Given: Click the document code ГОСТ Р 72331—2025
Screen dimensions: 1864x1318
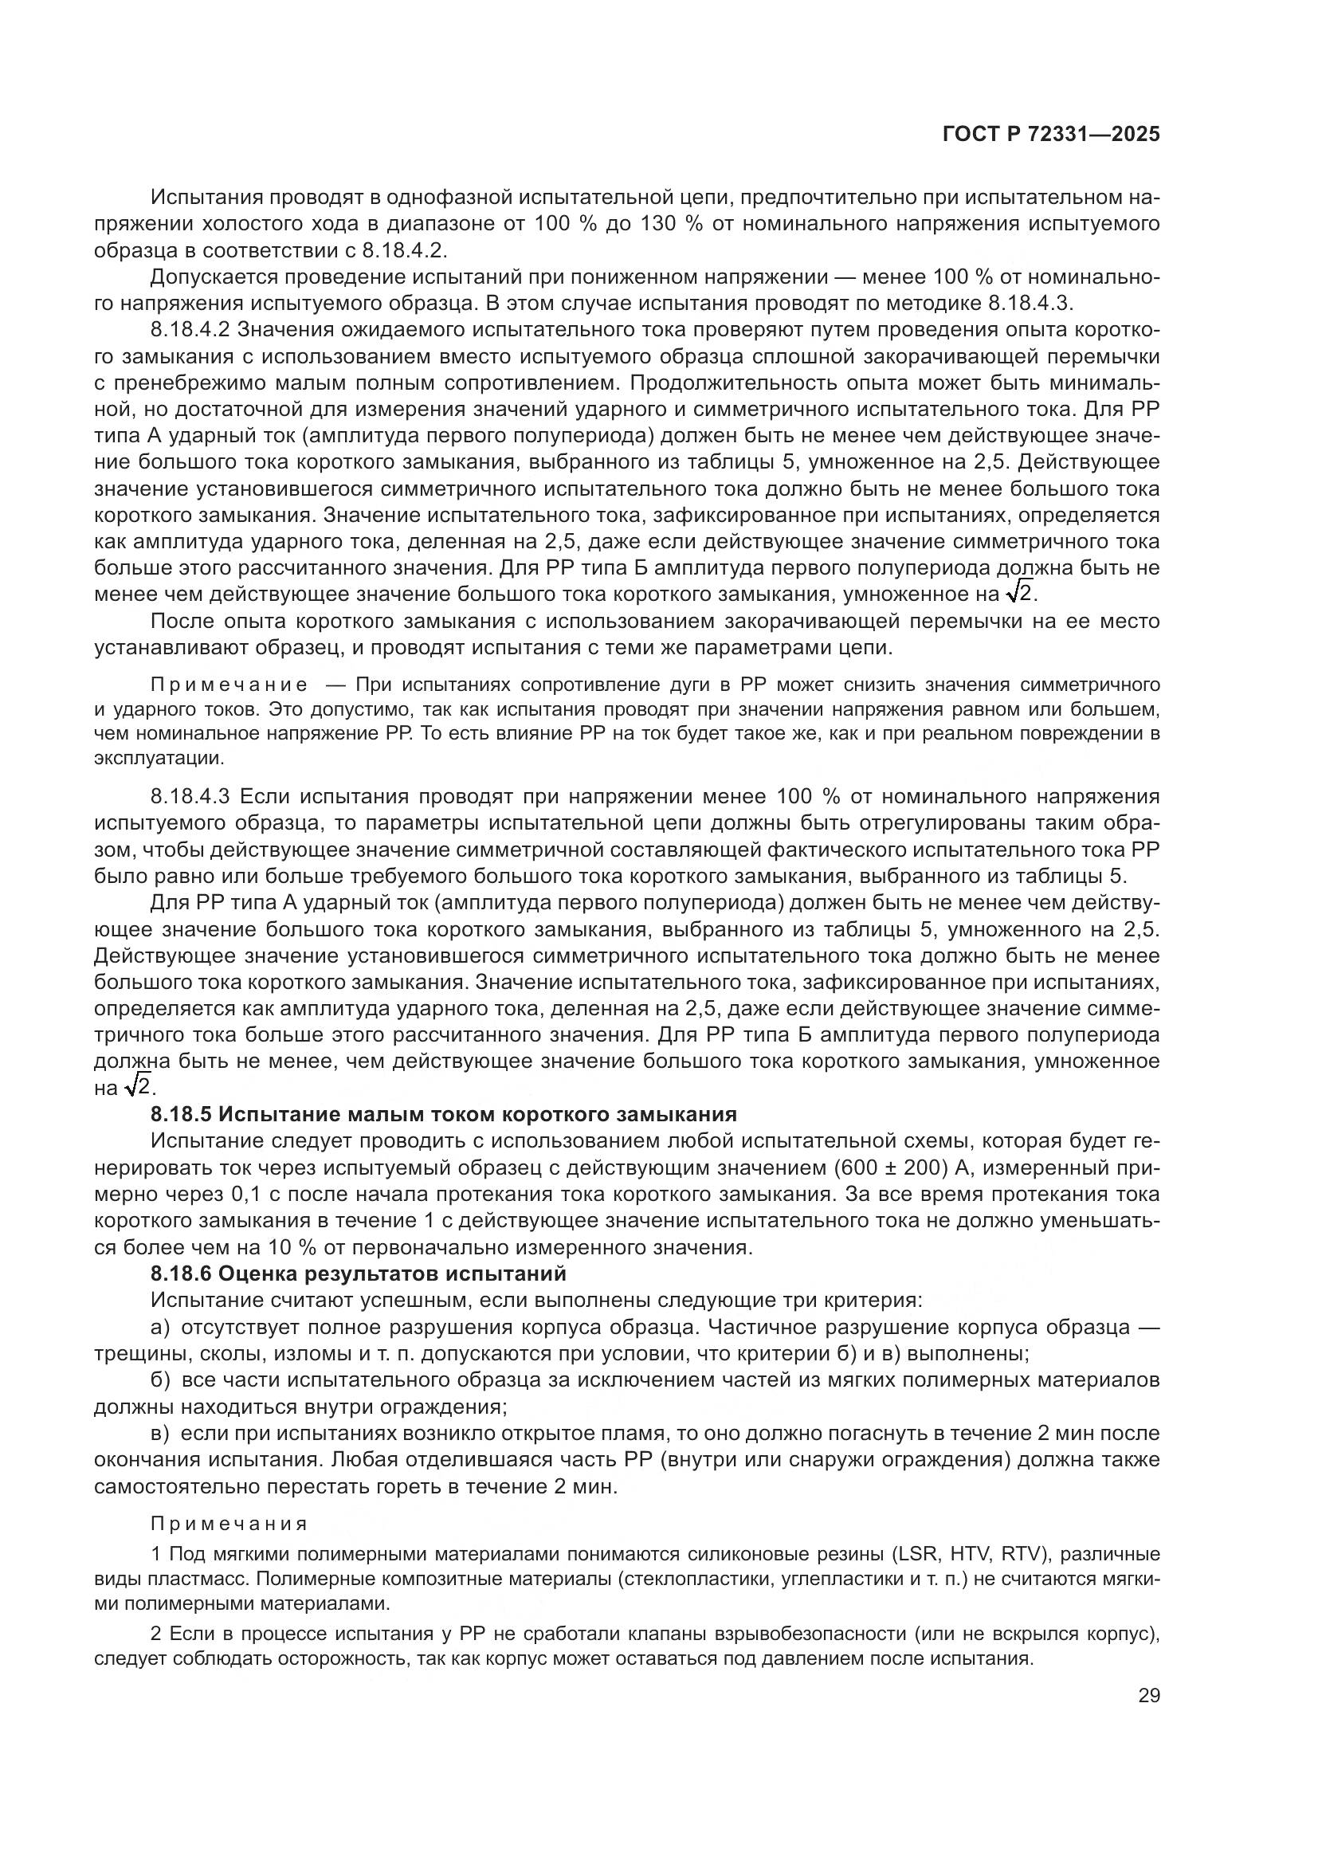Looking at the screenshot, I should [x=1051, y=135].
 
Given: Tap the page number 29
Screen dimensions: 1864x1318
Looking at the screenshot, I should [x=1148, y=1695].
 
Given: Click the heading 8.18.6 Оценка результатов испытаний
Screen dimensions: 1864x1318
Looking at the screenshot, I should [x=358, y=1273].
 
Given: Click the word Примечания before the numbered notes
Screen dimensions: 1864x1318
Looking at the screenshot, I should [x=229, y=1524].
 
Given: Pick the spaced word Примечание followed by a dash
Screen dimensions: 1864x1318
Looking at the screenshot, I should [x=229, y=685].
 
